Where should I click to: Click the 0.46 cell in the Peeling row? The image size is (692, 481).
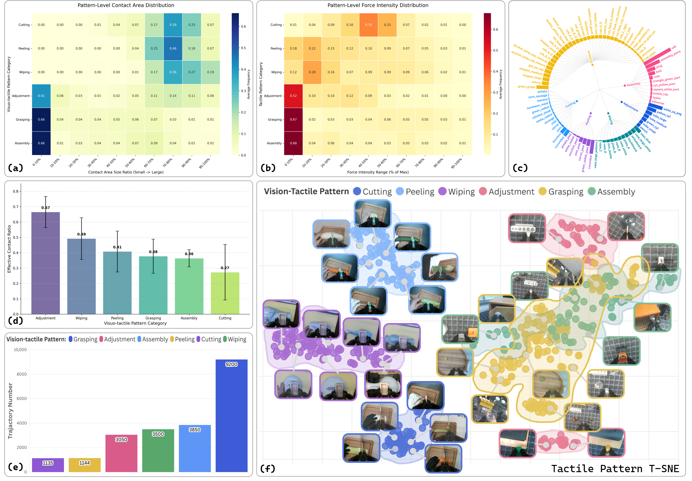(173, 49)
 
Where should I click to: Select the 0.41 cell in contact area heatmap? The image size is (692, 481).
(41, 96)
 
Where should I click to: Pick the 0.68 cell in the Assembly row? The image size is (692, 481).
(293, 143)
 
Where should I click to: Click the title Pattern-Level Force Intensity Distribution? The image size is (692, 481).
(378, 5)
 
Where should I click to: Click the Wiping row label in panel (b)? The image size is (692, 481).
(276, 72)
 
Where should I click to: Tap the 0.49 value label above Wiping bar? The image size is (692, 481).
(81, 234)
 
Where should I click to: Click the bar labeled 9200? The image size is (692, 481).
(231, 416)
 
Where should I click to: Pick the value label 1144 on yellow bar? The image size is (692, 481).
(84, 463)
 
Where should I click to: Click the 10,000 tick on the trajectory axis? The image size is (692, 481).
(20, 350)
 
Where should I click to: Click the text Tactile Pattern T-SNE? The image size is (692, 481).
(615, 469)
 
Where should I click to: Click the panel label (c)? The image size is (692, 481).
(520, 168)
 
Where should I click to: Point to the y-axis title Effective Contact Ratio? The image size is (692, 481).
(9, 249)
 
